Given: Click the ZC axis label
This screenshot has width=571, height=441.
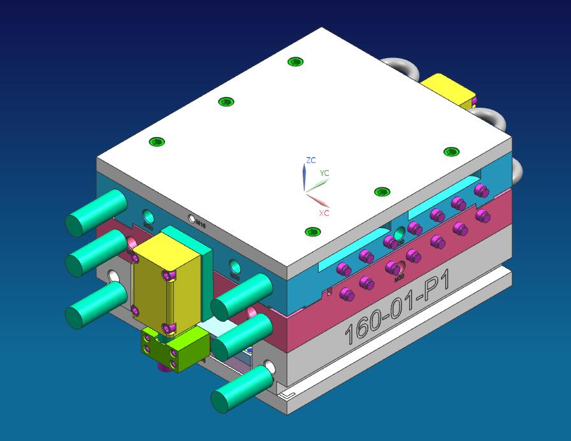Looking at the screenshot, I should click(311, 161).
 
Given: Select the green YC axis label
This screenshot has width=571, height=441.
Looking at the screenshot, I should click(324, 173).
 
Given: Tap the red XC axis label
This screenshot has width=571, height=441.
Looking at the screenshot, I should click(324, 213).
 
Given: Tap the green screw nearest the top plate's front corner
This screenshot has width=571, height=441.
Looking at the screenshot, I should click(312, 232).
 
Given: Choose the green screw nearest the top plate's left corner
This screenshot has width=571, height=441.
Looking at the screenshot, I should click(157, 141).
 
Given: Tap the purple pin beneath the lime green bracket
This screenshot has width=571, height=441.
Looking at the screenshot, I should click(173, 365).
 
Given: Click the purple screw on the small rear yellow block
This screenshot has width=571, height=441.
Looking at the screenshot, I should click(473, 101).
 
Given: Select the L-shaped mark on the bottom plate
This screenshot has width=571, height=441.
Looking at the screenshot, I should click(289, 396).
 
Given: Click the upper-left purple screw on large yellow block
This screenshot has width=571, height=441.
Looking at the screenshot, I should click(134, 258).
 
